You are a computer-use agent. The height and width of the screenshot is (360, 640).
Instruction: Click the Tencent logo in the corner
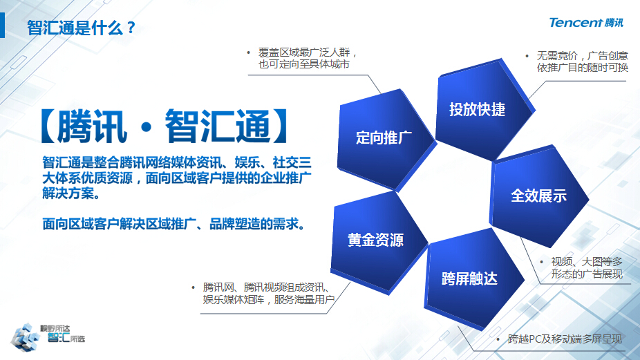click(586, 23)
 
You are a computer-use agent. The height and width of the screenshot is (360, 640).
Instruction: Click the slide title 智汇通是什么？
click(81, 28)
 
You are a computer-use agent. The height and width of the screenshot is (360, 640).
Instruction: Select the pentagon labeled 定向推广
click(386, 139)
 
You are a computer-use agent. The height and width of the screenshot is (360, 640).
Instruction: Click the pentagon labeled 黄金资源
click(379, 242)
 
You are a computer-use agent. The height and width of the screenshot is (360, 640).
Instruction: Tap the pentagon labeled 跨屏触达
click(473, 279)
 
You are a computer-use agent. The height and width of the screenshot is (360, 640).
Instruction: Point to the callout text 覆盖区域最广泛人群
click(303, 53)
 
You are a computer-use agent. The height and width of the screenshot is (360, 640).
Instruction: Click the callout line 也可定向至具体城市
click(303, 64)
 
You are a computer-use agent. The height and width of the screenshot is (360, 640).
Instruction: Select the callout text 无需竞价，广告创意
click(582, 55)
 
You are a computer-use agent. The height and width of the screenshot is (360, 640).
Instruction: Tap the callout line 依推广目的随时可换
click(582, 67)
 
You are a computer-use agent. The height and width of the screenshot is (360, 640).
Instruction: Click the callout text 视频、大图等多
click(587, 262)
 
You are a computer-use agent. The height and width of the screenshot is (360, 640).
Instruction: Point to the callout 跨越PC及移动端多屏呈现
click(565, 339)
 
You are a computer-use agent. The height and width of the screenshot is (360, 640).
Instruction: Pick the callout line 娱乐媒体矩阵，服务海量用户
click(269, 300)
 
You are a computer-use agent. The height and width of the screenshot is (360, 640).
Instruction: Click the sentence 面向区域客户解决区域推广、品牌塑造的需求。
click(174, 224)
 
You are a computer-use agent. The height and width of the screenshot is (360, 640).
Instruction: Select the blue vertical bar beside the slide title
click(3, 25)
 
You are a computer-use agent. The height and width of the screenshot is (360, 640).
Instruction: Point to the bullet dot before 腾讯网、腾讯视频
click(193, 287)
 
